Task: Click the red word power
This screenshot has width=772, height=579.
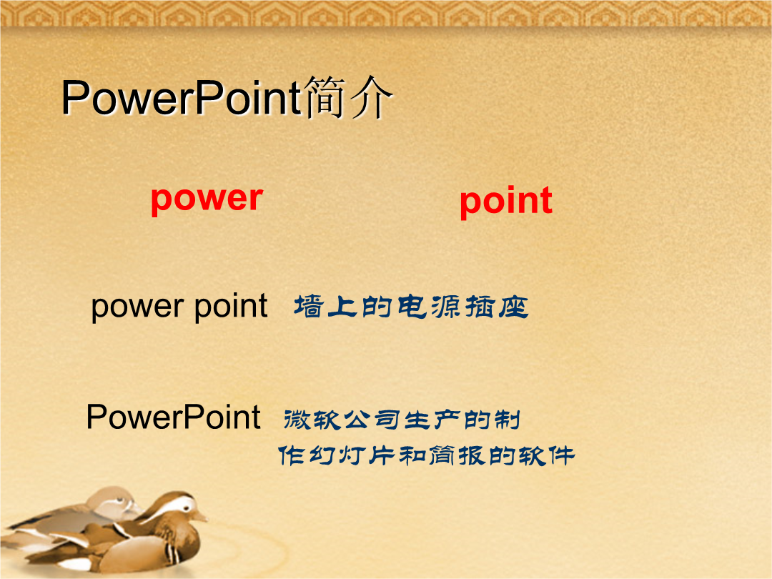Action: pos(207,200)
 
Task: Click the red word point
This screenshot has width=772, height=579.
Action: pos(505,202)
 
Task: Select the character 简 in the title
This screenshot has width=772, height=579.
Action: pos(324,97)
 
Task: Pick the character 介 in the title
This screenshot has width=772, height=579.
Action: pos(371,97)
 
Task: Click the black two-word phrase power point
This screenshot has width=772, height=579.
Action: pos(179,307)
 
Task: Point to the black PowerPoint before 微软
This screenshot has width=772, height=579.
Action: pos(173,417)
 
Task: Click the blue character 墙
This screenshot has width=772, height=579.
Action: pos(309,306)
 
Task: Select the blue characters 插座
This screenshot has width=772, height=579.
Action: pos(496,306)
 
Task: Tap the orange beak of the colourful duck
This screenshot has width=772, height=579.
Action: pos(200,517)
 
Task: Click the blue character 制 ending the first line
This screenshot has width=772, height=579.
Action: pos(507,420)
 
